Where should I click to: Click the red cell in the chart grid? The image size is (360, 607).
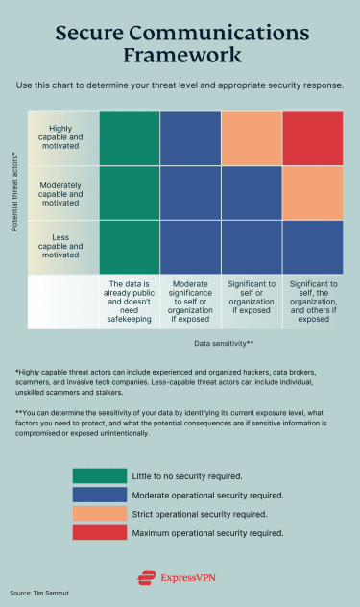tap(313, 138)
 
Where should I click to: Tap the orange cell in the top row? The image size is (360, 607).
tap(252, 138)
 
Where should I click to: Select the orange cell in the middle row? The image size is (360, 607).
tap(313, 193)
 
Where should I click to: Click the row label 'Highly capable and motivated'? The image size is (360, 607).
tap(66, 138)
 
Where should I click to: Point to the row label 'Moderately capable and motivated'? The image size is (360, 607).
tap(66, 193)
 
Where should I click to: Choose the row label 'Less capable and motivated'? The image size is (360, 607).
tap(66, 248)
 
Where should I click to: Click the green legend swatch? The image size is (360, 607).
tap(99, 475)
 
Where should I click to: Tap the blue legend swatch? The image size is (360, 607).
tap(99, 495)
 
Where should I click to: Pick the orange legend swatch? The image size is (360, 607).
tap(99, 513)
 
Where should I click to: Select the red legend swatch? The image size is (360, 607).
tap(99, 532)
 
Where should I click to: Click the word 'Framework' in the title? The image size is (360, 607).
tap(180, 56)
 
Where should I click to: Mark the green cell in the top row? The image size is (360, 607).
tap(130, 138)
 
